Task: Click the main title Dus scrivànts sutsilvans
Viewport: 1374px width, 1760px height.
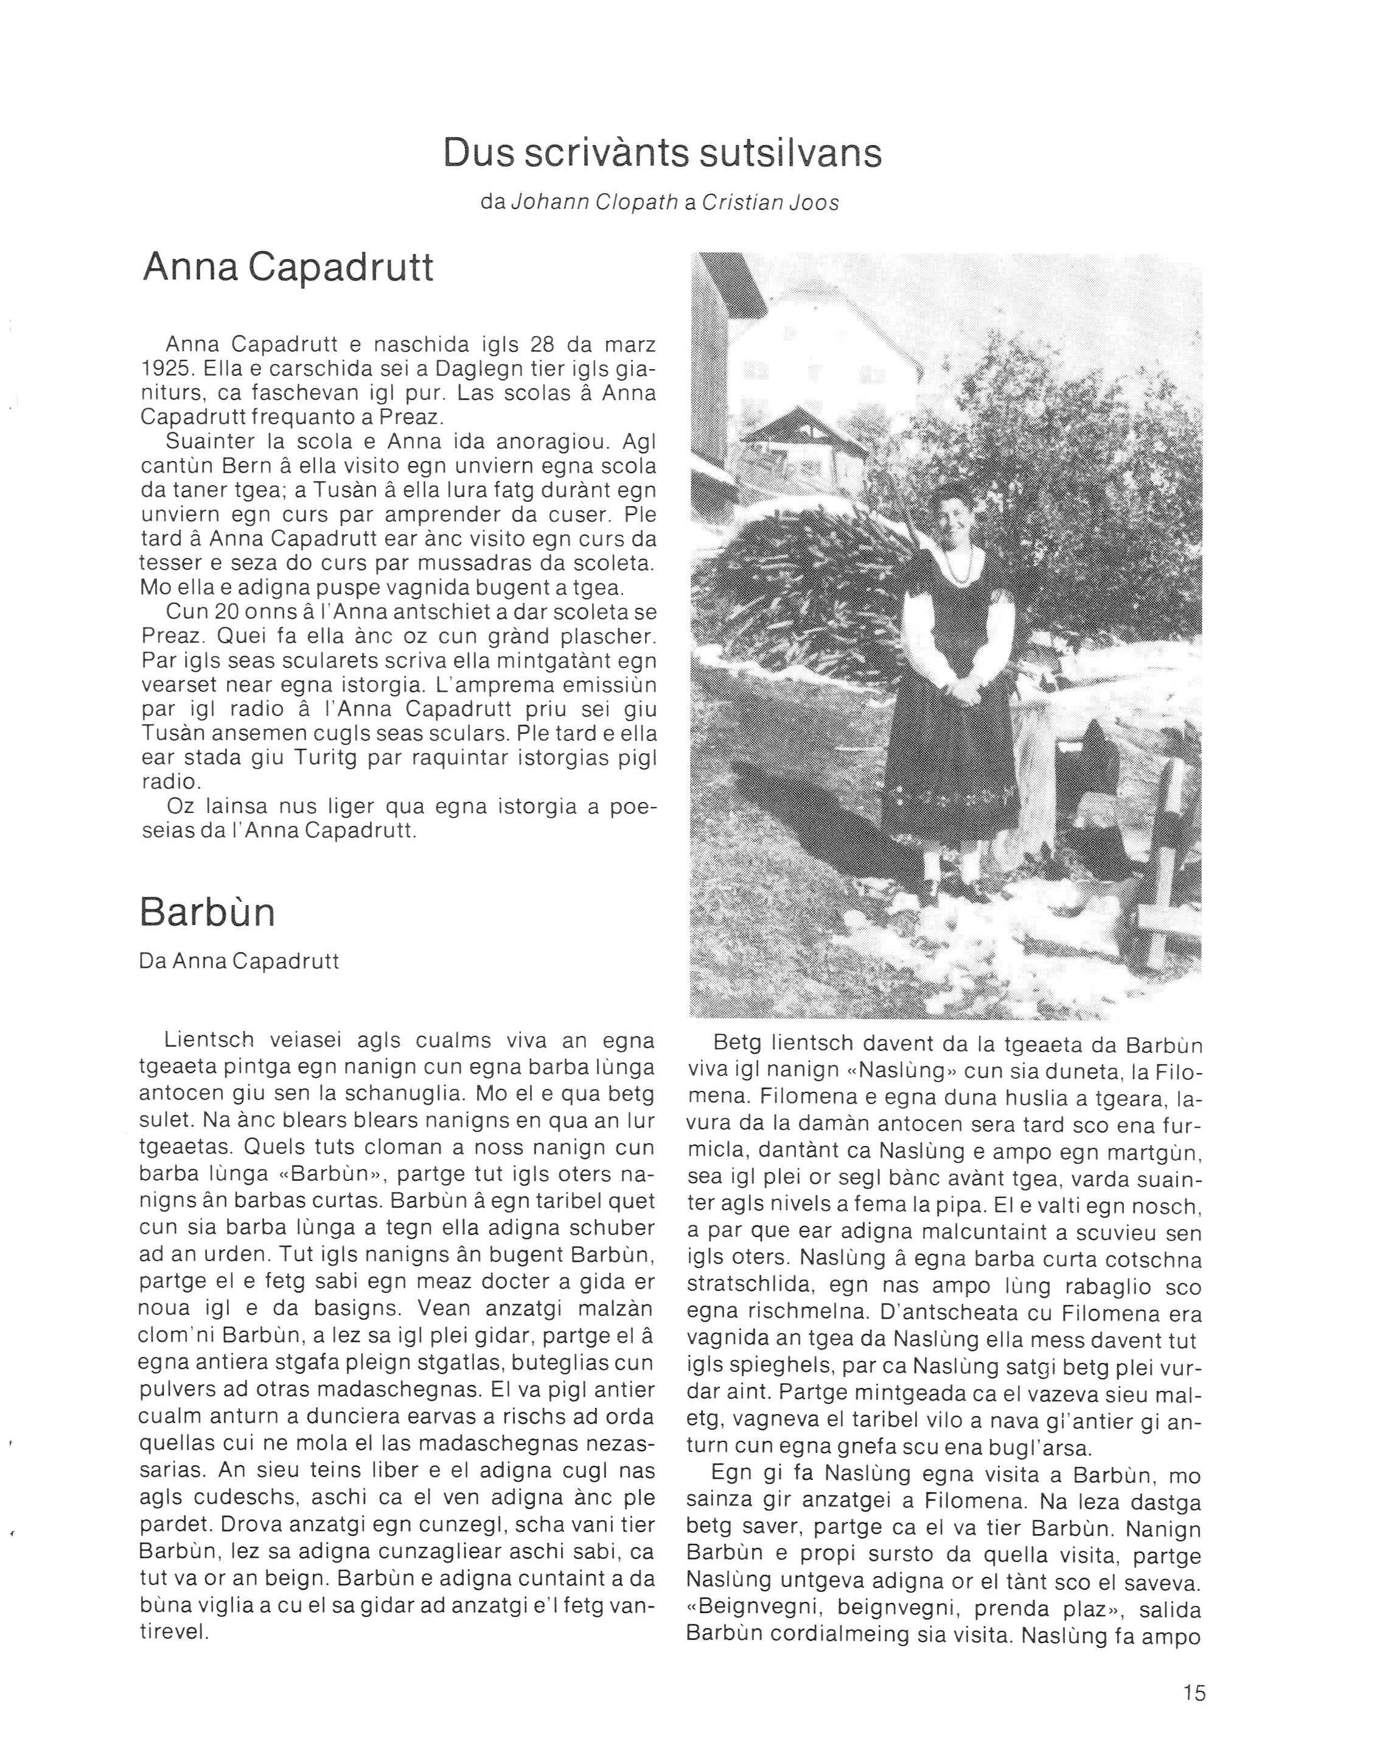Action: coord(662,153)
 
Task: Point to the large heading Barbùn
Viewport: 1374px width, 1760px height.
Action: coord(207,912)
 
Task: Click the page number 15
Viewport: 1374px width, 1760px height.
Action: coord(1194,1693)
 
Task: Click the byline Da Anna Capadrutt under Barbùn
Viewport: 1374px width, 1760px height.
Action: coord(239,962)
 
